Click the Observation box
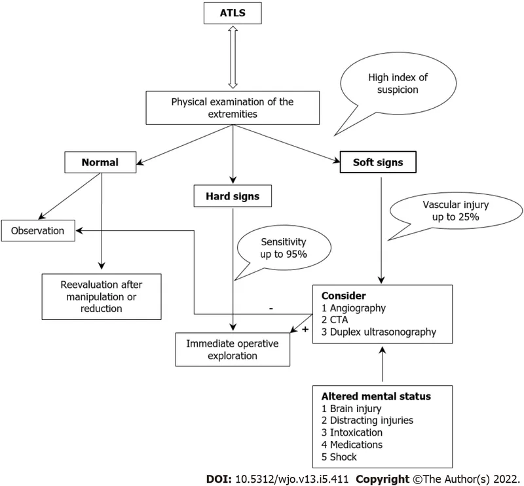37,231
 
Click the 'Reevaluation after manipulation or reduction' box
102,296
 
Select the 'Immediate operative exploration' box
233,349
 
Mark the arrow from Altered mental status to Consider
383,366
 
